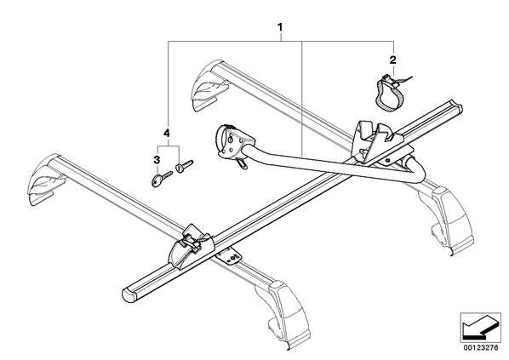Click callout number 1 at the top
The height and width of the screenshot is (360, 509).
pos(280,26)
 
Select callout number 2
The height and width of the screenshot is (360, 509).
pos(392,60)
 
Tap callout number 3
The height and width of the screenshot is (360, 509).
pos(157,160)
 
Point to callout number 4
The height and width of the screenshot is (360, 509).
pos(167,133)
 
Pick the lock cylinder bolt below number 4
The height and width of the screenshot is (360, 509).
pos(184,166)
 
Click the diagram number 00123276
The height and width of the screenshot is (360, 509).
pos(481,348)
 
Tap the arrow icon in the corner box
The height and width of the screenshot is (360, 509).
pos(480,328)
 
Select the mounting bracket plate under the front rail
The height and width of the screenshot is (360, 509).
pos(228,257)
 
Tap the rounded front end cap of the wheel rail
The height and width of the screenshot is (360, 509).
pos(129,294)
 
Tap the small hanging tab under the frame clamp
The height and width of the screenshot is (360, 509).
pos(242,163)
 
